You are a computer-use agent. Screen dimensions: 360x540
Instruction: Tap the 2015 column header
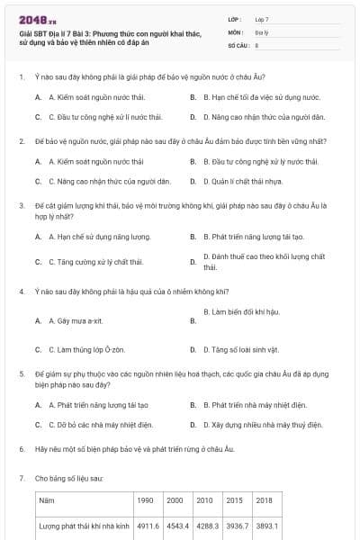pyautogui.click(x=235, y=499)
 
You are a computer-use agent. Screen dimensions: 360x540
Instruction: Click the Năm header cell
pyautogui.click(x=47, y=499)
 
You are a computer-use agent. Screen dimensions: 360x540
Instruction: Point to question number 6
pyautogui.click(x=21, y=448)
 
